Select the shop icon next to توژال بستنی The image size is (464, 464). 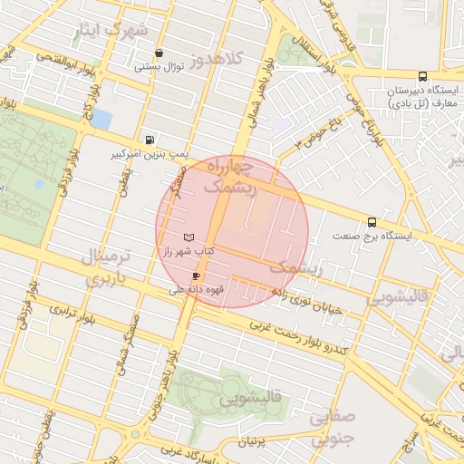click(159, 53)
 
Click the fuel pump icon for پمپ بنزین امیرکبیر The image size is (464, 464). click(149, 140)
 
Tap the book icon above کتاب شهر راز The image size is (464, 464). click(188, 237)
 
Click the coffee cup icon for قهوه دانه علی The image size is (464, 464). click(196, 275)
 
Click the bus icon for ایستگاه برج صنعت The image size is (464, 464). click(372, 222)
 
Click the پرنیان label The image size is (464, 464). click(251, 442)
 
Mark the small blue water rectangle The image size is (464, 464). click(102, 120)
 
